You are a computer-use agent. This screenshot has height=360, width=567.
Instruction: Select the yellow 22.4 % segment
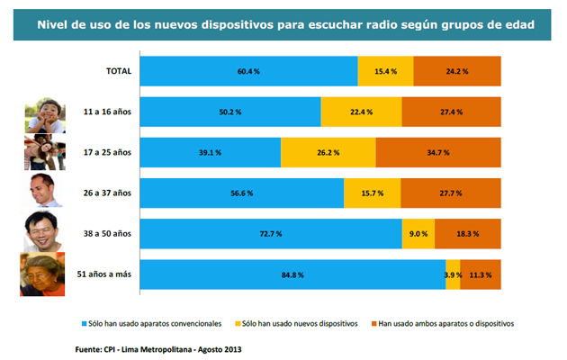coord(362,111)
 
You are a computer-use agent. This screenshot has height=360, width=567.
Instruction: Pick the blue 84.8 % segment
coord(293,274)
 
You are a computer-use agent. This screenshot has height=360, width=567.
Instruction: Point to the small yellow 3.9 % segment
coord(453,274)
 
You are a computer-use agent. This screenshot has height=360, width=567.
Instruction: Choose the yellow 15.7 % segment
coord(373,193)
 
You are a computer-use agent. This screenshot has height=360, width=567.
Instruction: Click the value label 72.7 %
coord(271,233)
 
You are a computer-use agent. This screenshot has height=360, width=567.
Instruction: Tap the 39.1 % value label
coord(211,152)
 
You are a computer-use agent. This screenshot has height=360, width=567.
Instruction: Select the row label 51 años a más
coord(103,274)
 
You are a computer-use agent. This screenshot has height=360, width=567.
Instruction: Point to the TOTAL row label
coord(119,70)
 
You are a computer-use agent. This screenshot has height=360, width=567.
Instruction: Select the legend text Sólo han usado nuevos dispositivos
coord(301,321)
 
